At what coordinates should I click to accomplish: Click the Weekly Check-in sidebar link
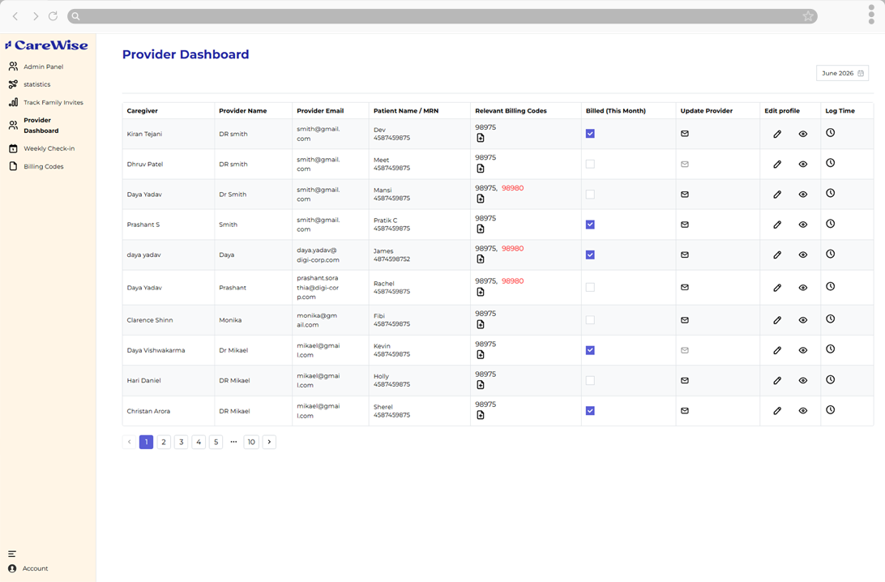pyautogui.click(x=49, y=148)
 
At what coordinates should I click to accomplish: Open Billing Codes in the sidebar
pyautogui.click(x=43, y=166)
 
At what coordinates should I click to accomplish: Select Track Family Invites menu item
pyautogui.click(x=53, y=103)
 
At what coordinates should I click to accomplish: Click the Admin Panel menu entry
pyautogui.click(x=43, y=66)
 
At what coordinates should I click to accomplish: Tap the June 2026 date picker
pyautogui.click(x=842, y=74)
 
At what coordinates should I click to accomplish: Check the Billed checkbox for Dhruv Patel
pyautogui.click(x=590, y=165)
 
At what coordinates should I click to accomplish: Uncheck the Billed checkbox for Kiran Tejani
pyautogui.click(x=590, y=134)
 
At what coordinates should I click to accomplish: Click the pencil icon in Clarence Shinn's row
pyautogui.click(x=777, y=320)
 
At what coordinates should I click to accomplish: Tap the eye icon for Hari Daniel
pyautogui.click(x=802, y=380)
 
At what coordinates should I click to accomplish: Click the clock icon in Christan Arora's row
pyautogui.click(x=830, y=410)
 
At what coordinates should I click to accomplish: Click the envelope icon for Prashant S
pyautogui.click(x=685, y=225)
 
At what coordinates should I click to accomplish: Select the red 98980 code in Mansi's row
pyautogui.click(x=512, y=188)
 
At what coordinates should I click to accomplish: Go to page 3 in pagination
pyautogui.click(x=182, y=442)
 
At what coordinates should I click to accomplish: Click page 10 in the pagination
pyautogui.click(x=251, y=442)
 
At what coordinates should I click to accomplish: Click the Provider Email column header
pyautogui.click(x=320, y=110)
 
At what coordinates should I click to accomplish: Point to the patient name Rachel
pyautogui.click(x=384, y=284)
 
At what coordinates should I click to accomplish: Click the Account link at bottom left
pyautogui.click(x=35, y=568)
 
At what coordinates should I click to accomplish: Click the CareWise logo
pyautogui.click(x=47, y=45)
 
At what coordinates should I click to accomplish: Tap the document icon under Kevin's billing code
pyautogui.click(x=481, y=354)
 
